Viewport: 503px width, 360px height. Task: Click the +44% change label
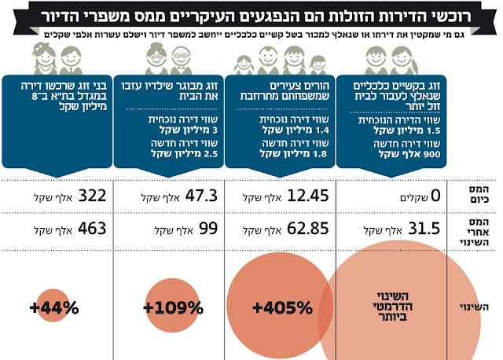pos(50,307)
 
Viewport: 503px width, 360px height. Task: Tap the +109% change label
pos(169,307)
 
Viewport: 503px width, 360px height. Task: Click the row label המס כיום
pos(474,196)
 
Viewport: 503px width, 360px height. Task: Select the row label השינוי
pos(474,307)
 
